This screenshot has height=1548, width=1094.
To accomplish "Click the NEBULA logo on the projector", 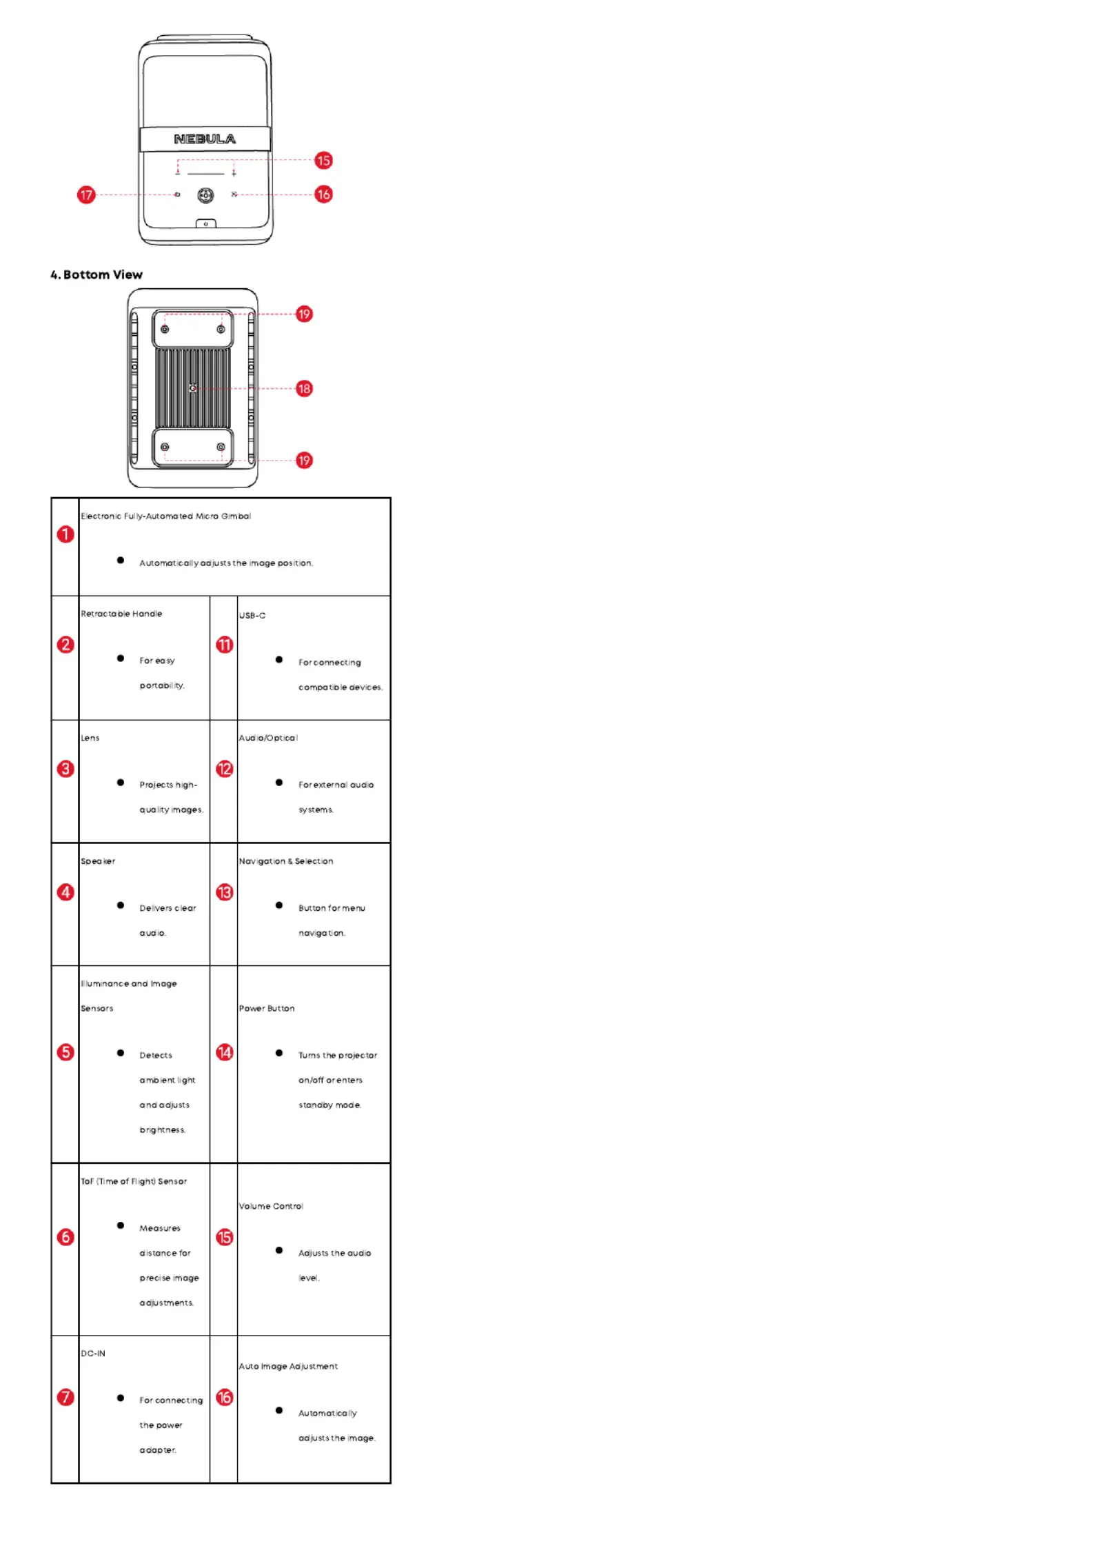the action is tap(205, 139).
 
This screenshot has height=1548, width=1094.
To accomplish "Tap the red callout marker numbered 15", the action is tap(323, 161).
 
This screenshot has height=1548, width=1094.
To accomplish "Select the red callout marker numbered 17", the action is tap(86, 194).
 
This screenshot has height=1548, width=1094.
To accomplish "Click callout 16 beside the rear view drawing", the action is tap(323, 194).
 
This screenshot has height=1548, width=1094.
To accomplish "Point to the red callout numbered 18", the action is tap(304, 388).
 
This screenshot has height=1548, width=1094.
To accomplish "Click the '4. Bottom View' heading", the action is tap(97, 274).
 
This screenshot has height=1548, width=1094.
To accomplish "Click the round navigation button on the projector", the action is tap(205, 195).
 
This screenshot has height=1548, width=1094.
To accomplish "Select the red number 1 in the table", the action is tap(65, 534).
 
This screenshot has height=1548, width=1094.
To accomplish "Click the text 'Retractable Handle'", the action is tap(121, 614).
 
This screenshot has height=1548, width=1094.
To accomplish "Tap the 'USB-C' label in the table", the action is tap(252, 615).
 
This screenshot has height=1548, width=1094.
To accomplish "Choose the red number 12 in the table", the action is tap(225, 769).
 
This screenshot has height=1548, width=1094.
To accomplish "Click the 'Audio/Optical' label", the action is tap(268, 738).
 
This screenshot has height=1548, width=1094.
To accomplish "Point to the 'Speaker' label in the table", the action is tap(98, 861).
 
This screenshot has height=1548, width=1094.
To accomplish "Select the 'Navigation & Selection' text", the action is tap(286, 861).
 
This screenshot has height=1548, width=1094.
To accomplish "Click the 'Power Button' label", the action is tap(267, 1008).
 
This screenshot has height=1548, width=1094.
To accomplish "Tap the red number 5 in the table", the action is tap(65, 1052).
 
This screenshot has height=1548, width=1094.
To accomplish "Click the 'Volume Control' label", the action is tap(271, 1206).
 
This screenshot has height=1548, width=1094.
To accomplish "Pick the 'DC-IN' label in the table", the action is tap(93, 1354).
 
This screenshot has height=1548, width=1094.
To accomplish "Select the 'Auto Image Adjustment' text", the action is tap(288, 1366).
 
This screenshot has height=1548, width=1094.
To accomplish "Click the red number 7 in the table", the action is tap(65, 1397).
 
